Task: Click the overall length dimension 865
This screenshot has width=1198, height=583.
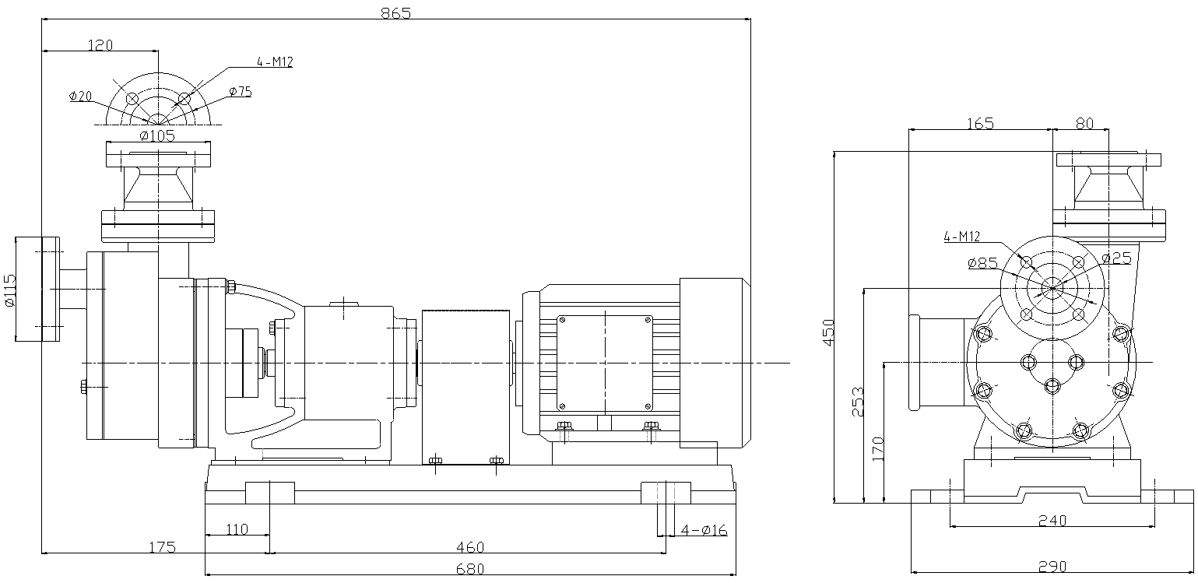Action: pos(395,12)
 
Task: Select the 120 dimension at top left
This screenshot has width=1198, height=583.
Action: pos(100,45)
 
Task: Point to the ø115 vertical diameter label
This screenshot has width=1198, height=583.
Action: pos(10,290)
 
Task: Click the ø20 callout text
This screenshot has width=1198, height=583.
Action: pos(80,97)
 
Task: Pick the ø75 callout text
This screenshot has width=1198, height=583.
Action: pos(241,92)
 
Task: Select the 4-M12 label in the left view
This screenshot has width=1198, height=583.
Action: pos(274,62)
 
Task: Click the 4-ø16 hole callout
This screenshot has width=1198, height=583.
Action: pos(704,530)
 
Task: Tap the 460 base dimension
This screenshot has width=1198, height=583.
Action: pos(469,548)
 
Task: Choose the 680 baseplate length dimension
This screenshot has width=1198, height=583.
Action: pos(469,569)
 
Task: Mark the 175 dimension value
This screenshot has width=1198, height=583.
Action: pos(162,548)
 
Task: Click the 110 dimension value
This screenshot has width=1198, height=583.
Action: pos(237,529)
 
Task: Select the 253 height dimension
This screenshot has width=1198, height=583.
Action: pos(857,402)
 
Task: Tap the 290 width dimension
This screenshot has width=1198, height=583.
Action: pos(1052,567)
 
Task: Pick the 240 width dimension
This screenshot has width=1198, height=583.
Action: pos(1052,521)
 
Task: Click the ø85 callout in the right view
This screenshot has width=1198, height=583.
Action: pos(982,263)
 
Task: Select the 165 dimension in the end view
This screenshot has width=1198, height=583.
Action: pos(980,123)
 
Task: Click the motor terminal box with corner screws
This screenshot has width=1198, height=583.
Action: pos(605,362)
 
